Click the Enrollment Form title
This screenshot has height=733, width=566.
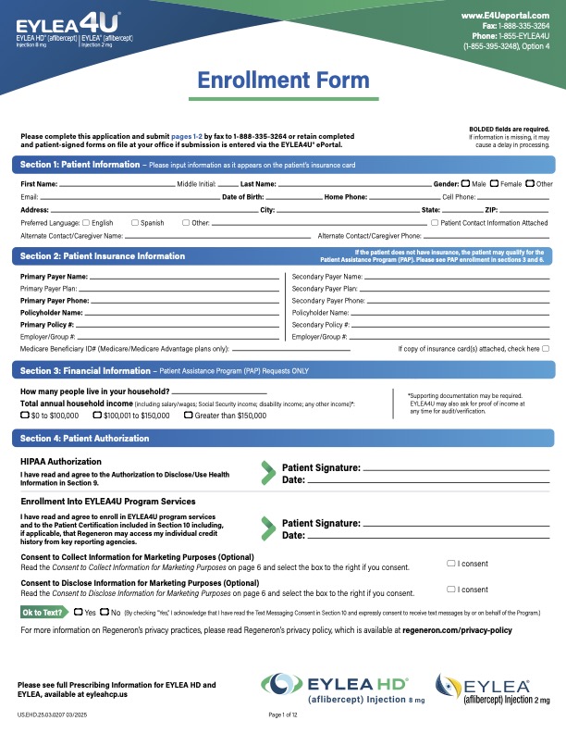click(282, 81)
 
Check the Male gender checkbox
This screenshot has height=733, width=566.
click(465, 184)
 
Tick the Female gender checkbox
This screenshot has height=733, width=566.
click(495, 184)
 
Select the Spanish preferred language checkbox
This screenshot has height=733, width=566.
click(135, 223)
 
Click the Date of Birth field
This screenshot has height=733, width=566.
click(294, 198)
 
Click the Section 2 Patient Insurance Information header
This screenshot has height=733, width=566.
click(103, 255)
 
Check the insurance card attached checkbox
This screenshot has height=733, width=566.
click(546, 349)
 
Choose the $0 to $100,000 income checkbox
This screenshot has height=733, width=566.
click(24, 416)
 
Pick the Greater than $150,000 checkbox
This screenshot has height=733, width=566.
click(189, 416)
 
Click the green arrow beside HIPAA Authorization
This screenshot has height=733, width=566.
click(268, 473)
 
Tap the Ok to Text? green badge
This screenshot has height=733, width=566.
click(43, 612)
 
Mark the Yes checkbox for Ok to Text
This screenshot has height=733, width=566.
click(80, 612)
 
